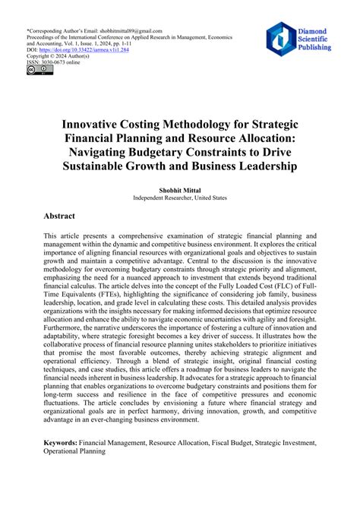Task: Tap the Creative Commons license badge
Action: tap(36, 71)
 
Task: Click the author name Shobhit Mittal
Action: tap(180, 188)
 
